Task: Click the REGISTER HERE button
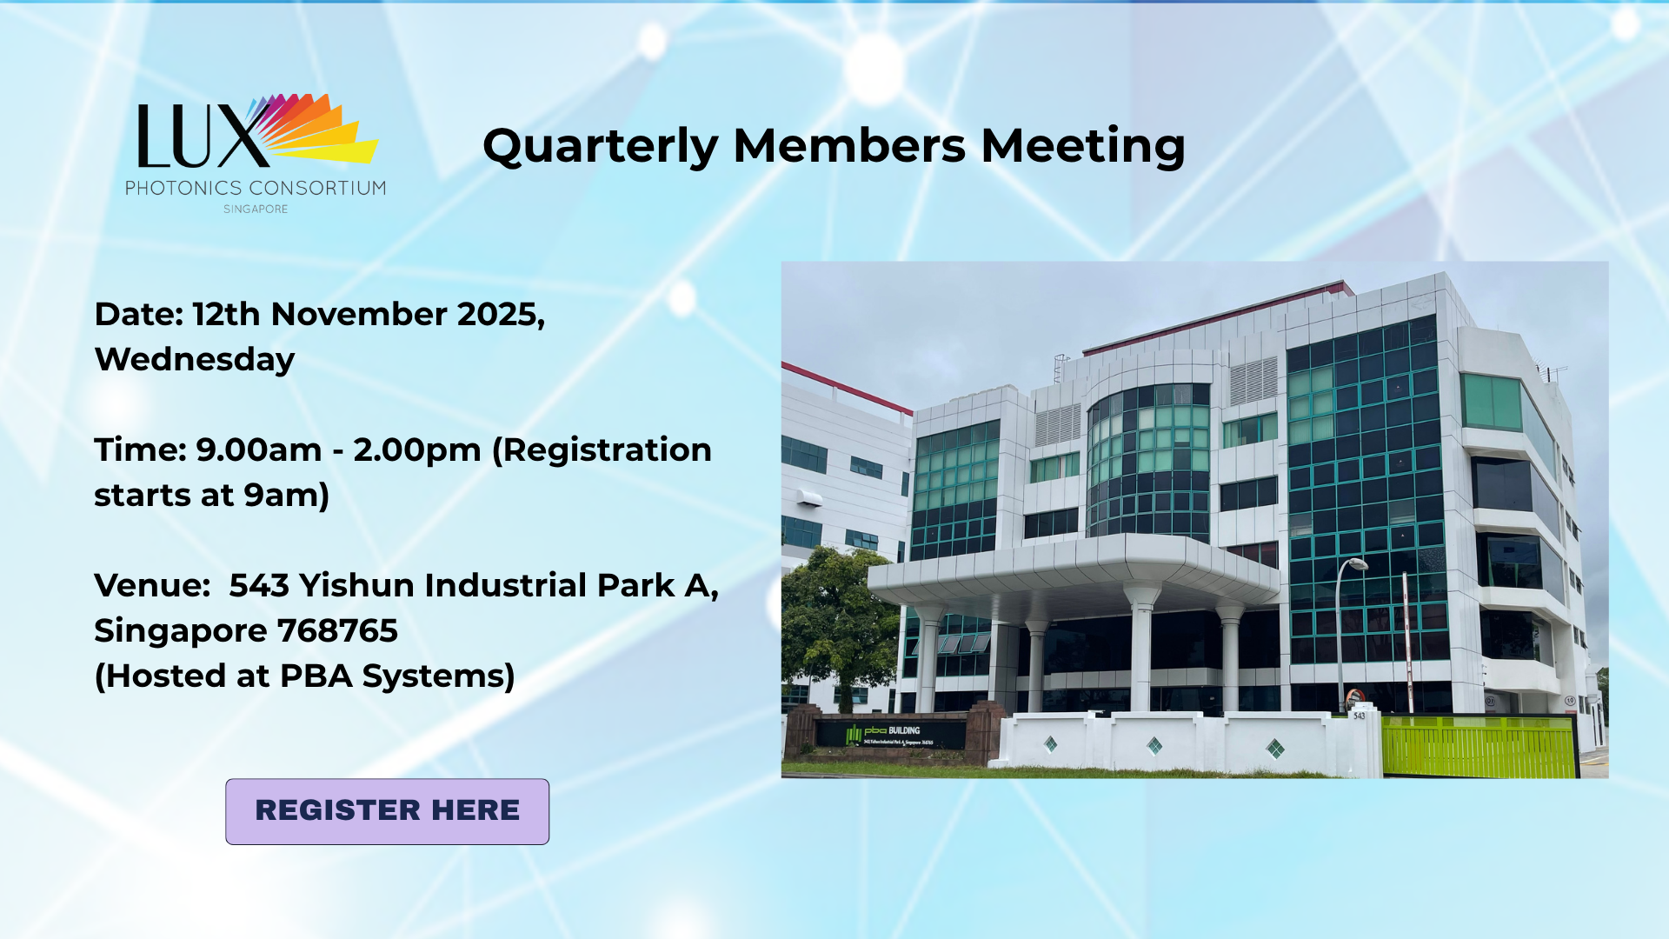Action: tap(387, 810)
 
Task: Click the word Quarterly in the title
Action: tap(600, 146)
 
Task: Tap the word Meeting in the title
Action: tap(1082, 146)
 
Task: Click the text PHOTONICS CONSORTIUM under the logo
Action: tap(256, 188)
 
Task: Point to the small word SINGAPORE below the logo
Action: tap(256, 210)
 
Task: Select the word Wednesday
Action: tap(195, 360)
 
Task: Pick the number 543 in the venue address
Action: tap(259, 586)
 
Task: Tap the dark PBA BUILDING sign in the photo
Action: tap(891, 736)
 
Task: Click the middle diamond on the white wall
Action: tap(1154, 745)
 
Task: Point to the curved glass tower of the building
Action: tap(1147, 461)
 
